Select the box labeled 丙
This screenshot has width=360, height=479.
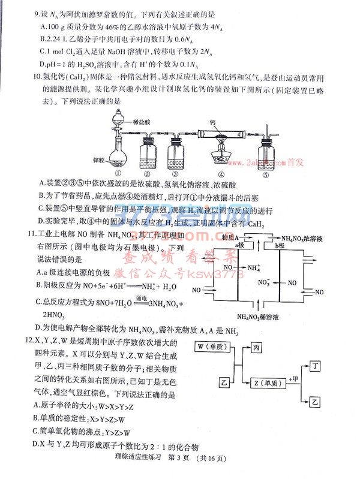[x=256, y=347]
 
